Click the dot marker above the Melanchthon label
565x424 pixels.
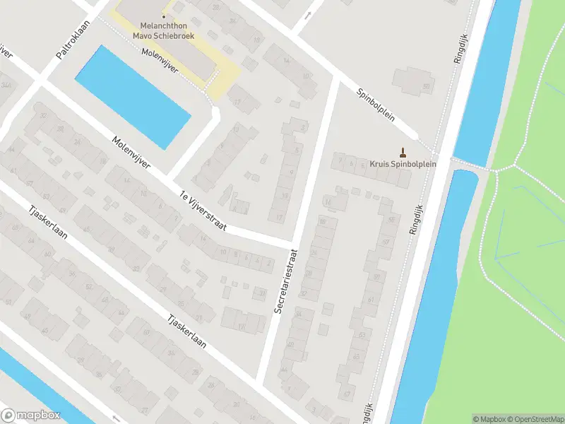tap(163, 16)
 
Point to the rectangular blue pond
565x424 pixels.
tap(132, 97)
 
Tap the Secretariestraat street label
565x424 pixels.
tap(286, 281)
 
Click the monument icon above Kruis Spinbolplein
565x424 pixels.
tap(403, 151)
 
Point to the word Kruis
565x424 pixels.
tap(379, 164)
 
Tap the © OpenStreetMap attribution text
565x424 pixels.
tap(535, 418)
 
